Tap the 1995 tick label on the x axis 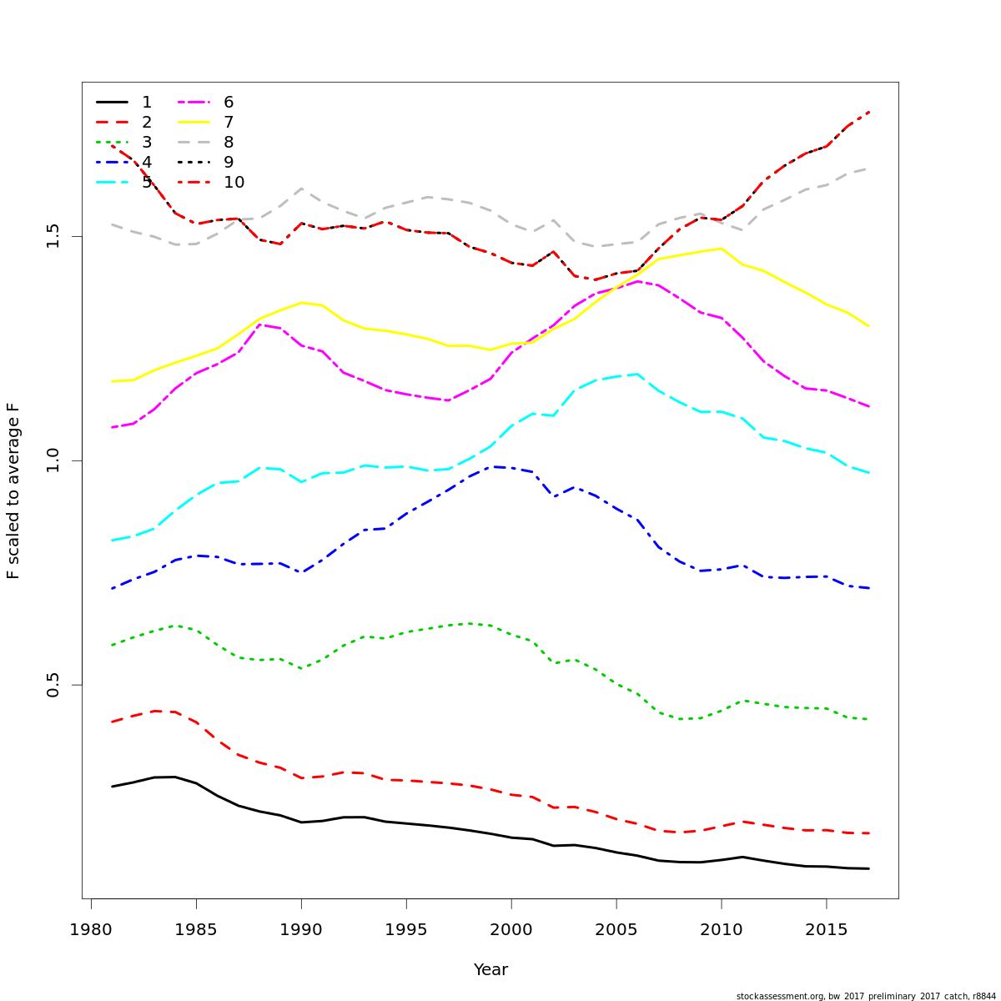click(x=405, y=930)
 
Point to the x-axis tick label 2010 click(x=721, y=930)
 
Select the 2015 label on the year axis click(x=826, y=930)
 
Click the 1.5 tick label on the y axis click(x=53, y=236)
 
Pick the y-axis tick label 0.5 click(x=53, y=685)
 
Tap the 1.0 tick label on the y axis click(x=53, y=460)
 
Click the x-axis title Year click(x=490, y=970)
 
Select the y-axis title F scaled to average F click(x=13, y=490)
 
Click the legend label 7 click(x=229, y=123)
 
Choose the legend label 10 click(x=234, y=183)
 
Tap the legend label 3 click(x=147, y=143)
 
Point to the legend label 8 click(x=229, y=143)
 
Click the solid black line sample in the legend click(x=112, y=103)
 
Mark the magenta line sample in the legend click(x=194, y=103)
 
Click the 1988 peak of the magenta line click(x=259, y=324)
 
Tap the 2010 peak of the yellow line click(x=721, y=248)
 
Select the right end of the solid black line click(x=868, y=868)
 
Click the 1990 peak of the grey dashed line click(x=301, y=189)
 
